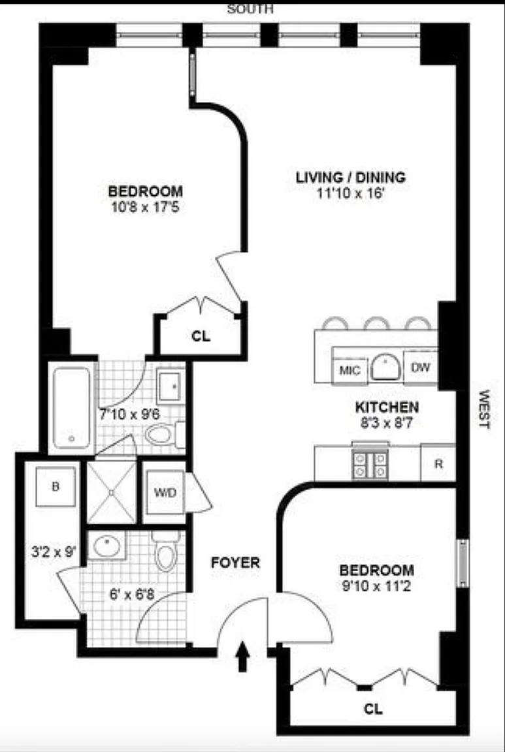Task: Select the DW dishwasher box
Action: [x=421, y=368]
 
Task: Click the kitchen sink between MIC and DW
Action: [x=385, y=368]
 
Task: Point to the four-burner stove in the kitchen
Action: [x=370, y=465]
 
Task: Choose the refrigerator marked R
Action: [x=438, y=463]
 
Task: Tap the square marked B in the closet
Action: [x=56, y=487]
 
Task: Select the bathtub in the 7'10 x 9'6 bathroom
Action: [x=71, y=408]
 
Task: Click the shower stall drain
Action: [x=111, y=492]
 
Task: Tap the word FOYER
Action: [x=235, y=563]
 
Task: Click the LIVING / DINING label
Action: [x=350, y=178]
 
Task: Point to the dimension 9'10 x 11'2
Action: [x=376, y=586]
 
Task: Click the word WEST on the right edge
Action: [x=484, y=409]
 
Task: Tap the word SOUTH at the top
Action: [x=250, y=8]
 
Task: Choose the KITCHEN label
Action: [x=387, y=407]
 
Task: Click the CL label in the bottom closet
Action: [x=374, y=708]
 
